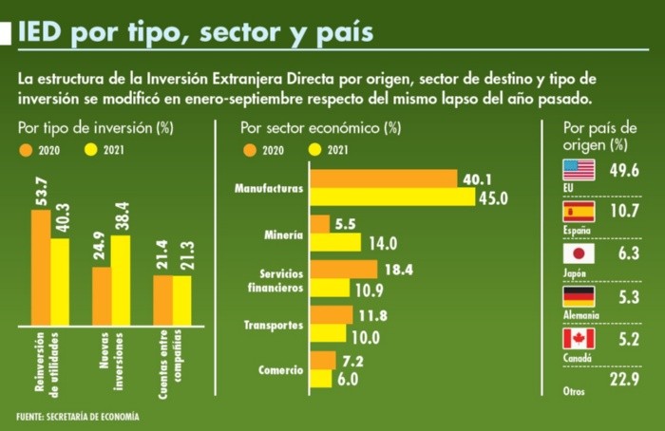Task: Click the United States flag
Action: click(579, 170)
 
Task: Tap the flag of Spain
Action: click(579, 212)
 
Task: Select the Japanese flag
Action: click(579, 254)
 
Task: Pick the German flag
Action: click(579, 297)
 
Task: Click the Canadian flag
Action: click(579, 339)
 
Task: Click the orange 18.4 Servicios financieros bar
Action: click(343, 270)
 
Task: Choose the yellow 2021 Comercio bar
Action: click(321, 378)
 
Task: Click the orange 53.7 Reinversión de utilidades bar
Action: click(41, 267)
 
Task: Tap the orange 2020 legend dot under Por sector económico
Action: click(251, 149)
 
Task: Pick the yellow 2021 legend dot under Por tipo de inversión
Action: click(92, 149)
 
